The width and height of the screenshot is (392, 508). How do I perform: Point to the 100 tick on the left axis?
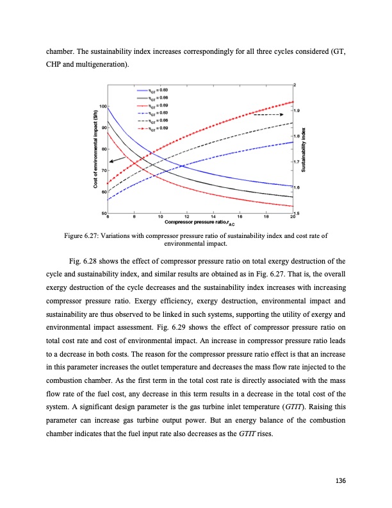click(102, 105)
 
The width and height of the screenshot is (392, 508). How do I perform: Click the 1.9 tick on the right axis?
click(297, 110)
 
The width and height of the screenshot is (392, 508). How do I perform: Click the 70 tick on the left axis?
click(104, 169)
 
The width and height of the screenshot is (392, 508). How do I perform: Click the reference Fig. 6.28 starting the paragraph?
click(82, 261)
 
